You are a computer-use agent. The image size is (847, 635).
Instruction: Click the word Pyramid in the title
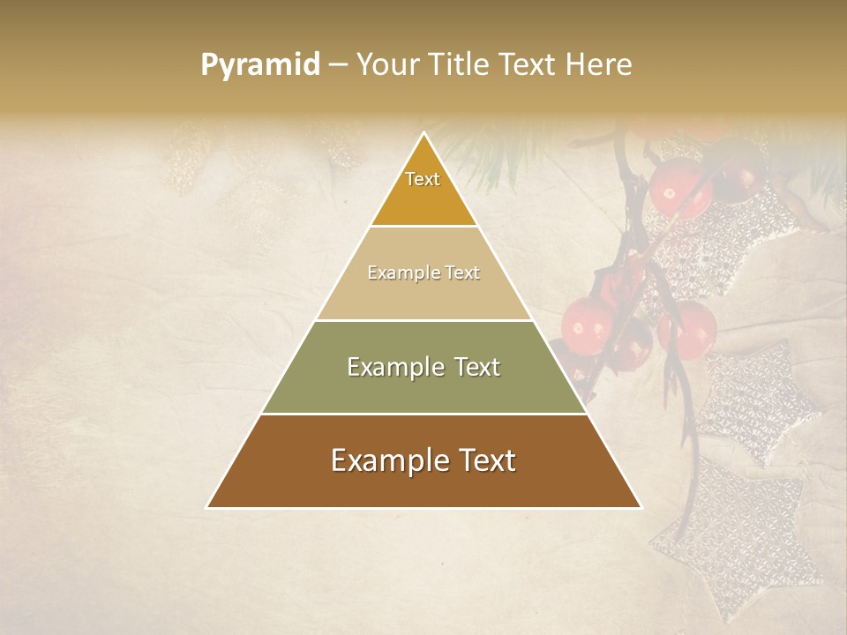pyautogui.click(x=260, y=65)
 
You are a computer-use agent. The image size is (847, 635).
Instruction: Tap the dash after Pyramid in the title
pyautogui.click(x=338, y=65)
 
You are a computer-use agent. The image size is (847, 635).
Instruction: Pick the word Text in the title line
pyautogui.click(x=528, y=65)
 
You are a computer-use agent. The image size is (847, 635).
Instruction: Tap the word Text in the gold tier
pyautogui.click(x=423, y=179)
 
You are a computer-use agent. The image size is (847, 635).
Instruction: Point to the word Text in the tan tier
pyautogui.click(x=462, y=273)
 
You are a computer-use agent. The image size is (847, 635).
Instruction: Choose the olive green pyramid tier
pyautogui.click(x=423, y=388)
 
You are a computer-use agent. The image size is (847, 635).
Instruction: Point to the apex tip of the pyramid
pyautogui.click(x=423, y=135)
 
